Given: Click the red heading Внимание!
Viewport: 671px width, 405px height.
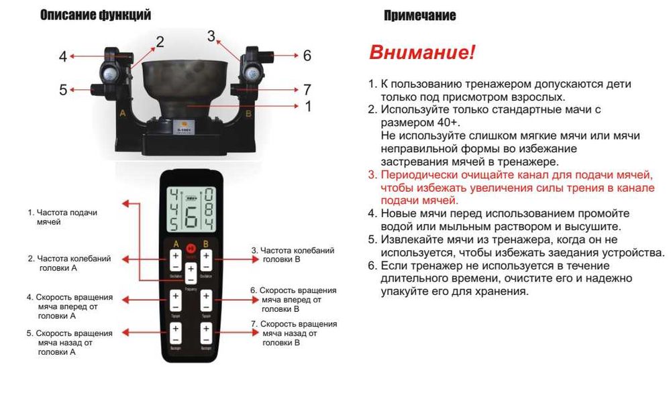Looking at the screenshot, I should pos(422,53).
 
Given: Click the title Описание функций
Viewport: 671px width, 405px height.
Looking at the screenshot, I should pos(95,15).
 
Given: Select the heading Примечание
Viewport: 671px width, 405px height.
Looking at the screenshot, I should pos(419,15).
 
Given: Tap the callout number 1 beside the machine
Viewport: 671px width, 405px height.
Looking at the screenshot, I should pos(308,106).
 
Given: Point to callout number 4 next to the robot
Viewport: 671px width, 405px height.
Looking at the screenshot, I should pos(63,57).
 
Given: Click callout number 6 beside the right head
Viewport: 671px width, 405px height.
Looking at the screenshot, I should pos(307,56).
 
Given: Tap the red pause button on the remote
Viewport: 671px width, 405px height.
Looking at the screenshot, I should pos(191,247).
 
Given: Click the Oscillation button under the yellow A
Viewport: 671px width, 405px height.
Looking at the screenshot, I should pos(175,260).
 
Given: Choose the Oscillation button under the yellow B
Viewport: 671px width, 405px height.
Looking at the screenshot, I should pos(207,260).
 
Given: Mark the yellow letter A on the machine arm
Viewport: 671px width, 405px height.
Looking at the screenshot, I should pos(123,114).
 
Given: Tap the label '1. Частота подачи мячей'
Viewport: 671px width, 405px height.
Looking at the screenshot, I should pos(62,217).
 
